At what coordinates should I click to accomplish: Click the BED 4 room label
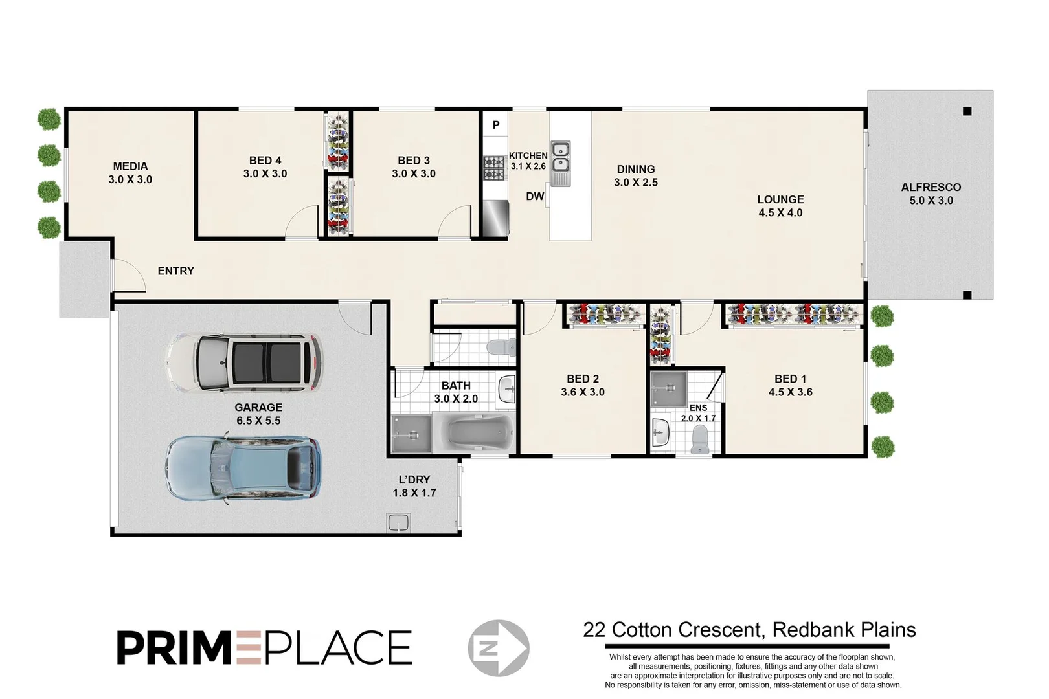pos(265,161)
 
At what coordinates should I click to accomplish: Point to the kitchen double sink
pos(561,157)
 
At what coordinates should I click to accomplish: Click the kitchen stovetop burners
pos(495,167)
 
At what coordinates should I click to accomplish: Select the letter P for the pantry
pos(496,125)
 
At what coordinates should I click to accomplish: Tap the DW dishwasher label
pos(535,196)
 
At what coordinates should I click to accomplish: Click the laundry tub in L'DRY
pos(398,522)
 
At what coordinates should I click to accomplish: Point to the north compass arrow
pos(499,648)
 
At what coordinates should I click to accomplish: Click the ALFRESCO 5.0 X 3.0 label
pos(931,194)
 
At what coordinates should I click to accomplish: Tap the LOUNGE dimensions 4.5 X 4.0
pos(780,213)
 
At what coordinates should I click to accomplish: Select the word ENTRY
pos(175,271)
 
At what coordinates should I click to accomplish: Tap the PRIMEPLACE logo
pos(264,647)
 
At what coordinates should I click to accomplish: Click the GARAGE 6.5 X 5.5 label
pos(258,414)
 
